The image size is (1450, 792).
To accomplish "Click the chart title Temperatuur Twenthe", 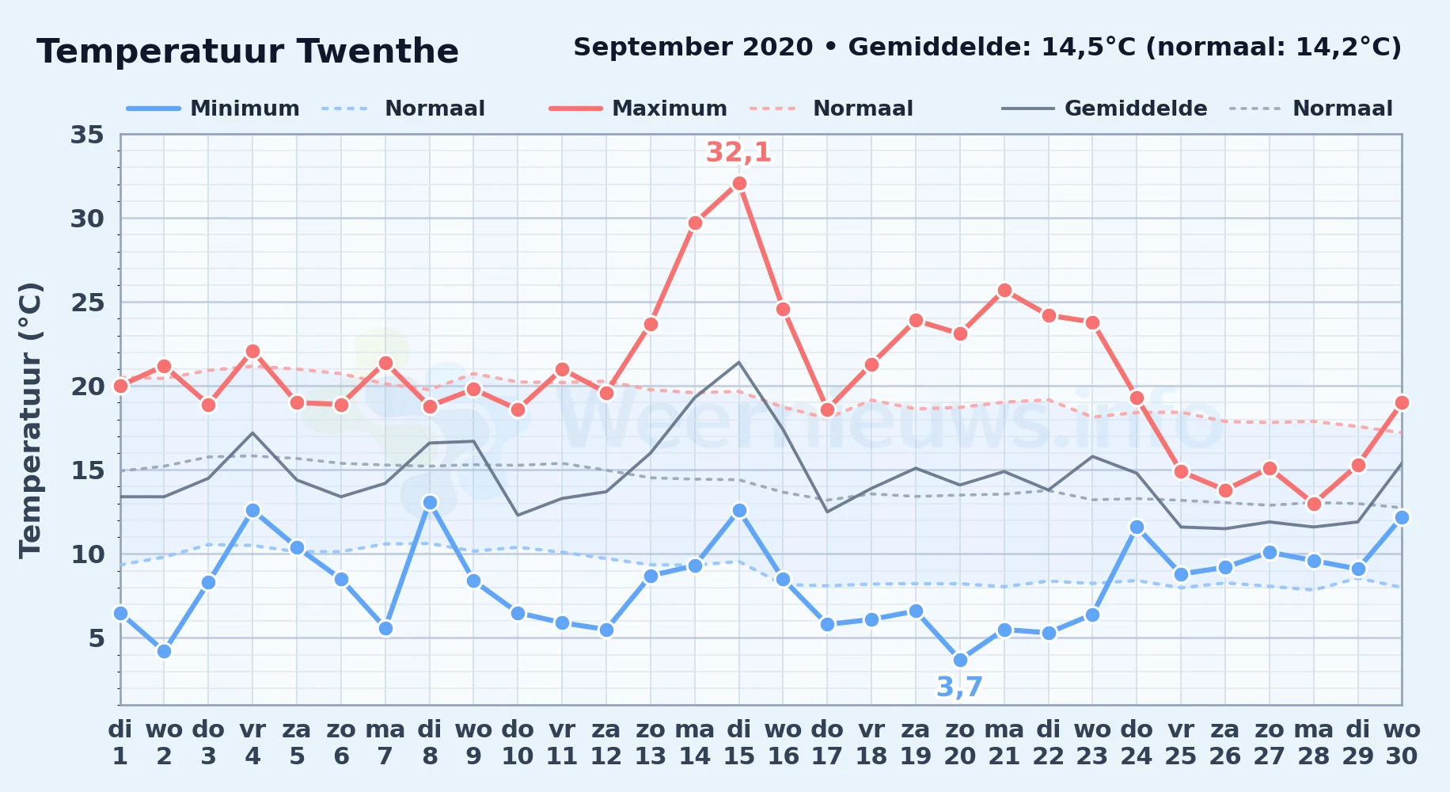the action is pyautogui.click(x=248, y=51).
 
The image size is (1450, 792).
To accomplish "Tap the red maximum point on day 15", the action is pyautogui.click(x=739, y=183).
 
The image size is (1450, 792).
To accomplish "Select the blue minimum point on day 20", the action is pyautogui.click(x=960, y=660).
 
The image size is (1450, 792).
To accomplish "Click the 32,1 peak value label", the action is pyautogui.click(x=738, y=152).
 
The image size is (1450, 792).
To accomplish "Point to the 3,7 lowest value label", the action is pyautogui.click(x=959, y=687).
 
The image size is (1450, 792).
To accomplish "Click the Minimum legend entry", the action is pyautogui.click(x=213, y=109).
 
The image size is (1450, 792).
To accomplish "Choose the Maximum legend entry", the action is pyautogui.click(x=638, y=109).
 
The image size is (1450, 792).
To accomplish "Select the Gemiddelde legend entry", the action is pyautogui.click(x=1105, y=109).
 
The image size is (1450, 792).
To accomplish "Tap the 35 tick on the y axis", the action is pyautogui.click(x=87, y=135).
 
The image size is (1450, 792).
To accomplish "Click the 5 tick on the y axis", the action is pyautogui.click(x=96, y=638).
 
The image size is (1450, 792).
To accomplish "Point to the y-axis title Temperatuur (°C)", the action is pyautogui.click(x=30, y=420).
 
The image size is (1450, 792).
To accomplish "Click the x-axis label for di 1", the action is pyautogui.click(x=120, y=742).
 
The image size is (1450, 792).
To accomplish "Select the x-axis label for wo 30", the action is pyautogui.click(x=1402, y=742).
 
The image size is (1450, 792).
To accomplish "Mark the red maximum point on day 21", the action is pyautogui.click(x=1004, y=290).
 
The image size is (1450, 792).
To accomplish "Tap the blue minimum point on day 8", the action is pyautogui.click(x=430, y=502).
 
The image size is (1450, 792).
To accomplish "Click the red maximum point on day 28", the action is pyautogui.click(x=1314, y=504).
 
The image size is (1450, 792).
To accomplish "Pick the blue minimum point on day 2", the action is pyautogui.click(x=164, y=651).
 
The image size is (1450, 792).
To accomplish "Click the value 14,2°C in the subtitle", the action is pyautogui.click(x=1342, y=48).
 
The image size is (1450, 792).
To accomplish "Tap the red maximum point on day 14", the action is pyautogui.click(x=695, y=223).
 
